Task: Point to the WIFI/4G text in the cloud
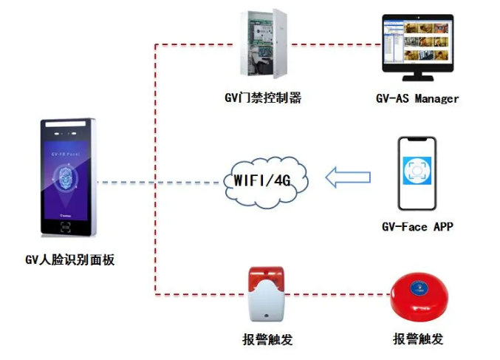pyautogui.click(x=262, y=180)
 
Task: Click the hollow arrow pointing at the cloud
pyautogui.click(x=348, y=177)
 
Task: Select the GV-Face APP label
pyautogui.click(x=417, y=227)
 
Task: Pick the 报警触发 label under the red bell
pyautogui.click(x=419, y=339)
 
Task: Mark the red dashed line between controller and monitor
pyautogui.click(x=332, y=44)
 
